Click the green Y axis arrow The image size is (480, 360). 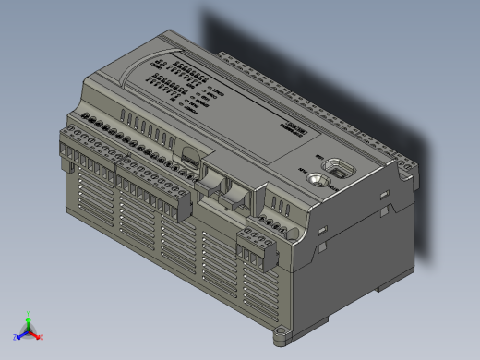click(x=28, y=318)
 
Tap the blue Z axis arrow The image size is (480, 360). click(x=18, y=338)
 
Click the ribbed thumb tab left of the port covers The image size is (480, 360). click(x=188, y=162)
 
